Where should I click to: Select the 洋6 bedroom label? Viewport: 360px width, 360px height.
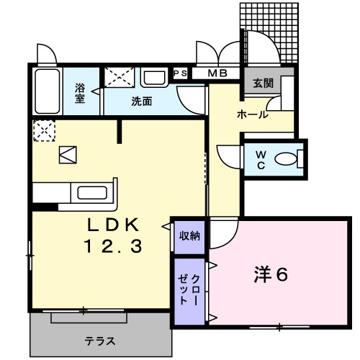tap(271, 274)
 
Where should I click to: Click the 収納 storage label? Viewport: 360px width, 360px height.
tap(189, 235)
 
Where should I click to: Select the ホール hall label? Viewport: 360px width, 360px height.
tap(253, 114)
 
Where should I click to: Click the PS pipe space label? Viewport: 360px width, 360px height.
tap(180, 73)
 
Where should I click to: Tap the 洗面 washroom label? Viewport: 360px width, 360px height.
tap(142, 102)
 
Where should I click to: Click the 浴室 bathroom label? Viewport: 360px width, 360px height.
tap(81, 93)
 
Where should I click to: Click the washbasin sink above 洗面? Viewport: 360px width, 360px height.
tap(153, 78)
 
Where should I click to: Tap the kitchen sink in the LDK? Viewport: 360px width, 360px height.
tap(92, 193)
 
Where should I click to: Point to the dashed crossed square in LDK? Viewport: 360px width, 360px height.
tap(41, 130)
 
